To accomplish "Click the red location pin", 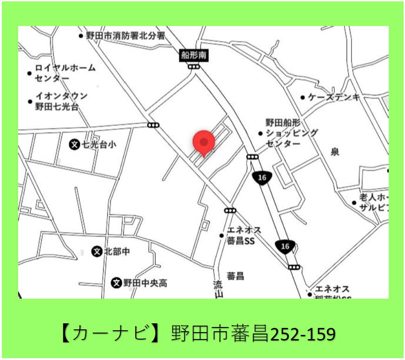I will click(x=203, y=142).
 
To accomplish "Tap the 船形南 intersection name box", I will click(x=194, y=56).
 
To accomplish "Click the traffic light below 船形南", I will click(x=194, y=67).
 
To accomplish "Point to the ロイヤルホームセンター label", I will click(x=65, y=72).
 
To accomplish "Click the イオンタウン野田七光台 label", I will click(x=61, y=101).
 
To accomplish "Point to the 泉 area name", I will click(x=335, y=152).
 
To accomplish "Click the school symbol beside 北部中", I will click(x=97, y=252).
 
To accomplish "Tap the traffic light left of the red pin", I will click(x=153, y=125).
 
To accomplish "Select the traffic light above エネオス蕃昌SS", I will click(x=230, y=210).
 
